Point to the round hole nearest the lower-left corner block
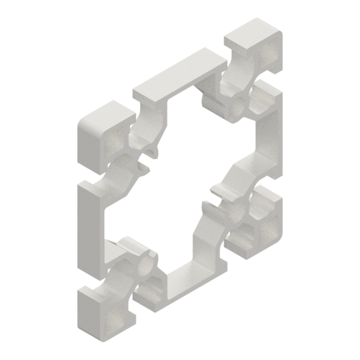pyautogui.click(x=148, y=264)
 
